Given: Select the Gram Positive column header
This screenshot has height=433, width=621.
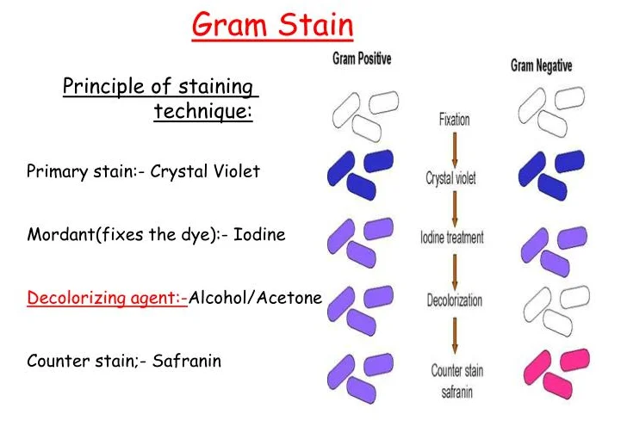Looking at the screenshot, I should click(362, 59).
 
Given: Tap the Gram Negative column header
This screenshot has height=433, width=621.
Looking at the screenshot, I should click(541, 65).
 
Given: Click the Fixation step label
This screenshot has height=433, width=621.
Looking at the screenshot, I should click(454, 120).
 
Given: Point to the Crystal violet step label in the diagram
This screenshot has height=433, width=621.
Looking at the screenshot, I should click(450, 178).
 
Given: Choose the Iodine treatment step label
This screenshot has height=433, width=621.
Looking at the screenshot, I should click(452, 237).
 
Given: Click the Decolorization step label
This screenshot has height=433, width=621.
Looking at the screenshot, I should click(454, 300).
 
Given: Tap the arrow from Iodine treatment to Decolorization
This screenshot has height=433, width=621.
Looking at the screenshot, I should click(454, 268).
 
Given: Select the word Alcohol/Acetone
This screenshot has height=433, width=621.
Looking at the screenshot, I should click(255, 299).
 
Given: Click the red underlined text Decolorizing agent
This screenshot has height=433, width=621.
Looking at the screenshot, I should click(108, 299).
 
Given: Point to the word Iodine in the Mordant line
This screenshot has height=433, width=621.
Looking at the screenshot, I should click(259, 234).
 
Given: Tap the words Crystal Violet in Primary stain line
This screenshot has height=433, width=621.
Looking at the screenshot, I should click(205, 170).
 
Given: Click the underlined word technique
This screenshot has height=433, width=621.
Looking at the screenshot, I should click(203, 112).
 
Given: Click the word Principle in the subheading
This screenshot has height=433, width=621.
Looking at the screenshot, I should click(96, 87).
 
